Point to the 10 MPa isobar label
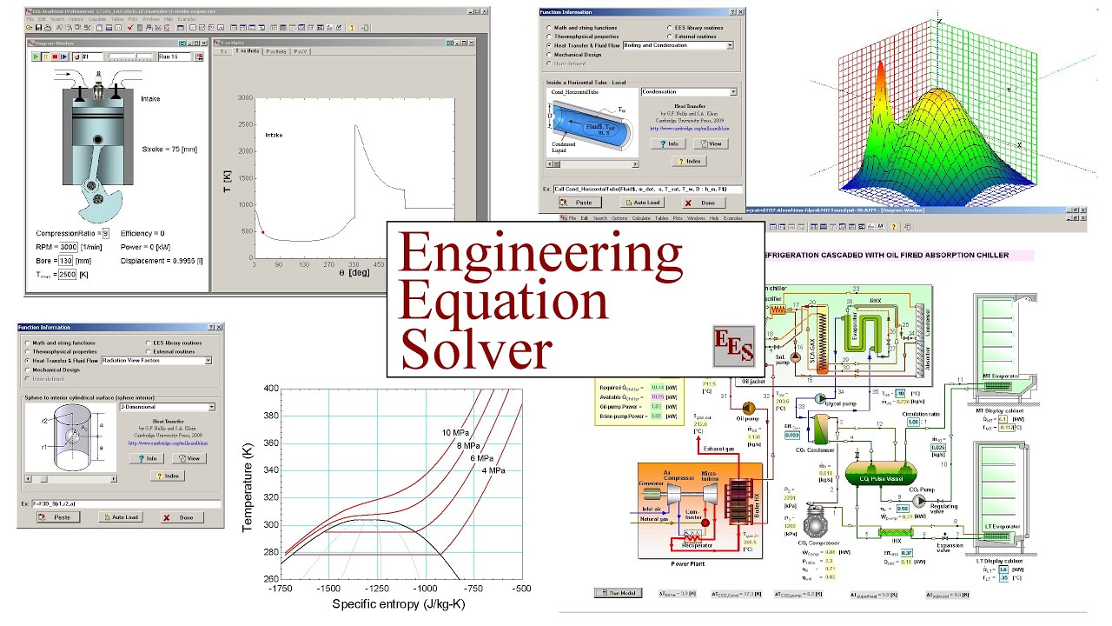459,432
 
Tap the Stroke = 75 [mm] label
169,150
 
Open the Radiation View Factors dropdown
156,360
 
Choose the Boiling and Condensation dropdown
678,45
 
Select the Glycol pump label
837,403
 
